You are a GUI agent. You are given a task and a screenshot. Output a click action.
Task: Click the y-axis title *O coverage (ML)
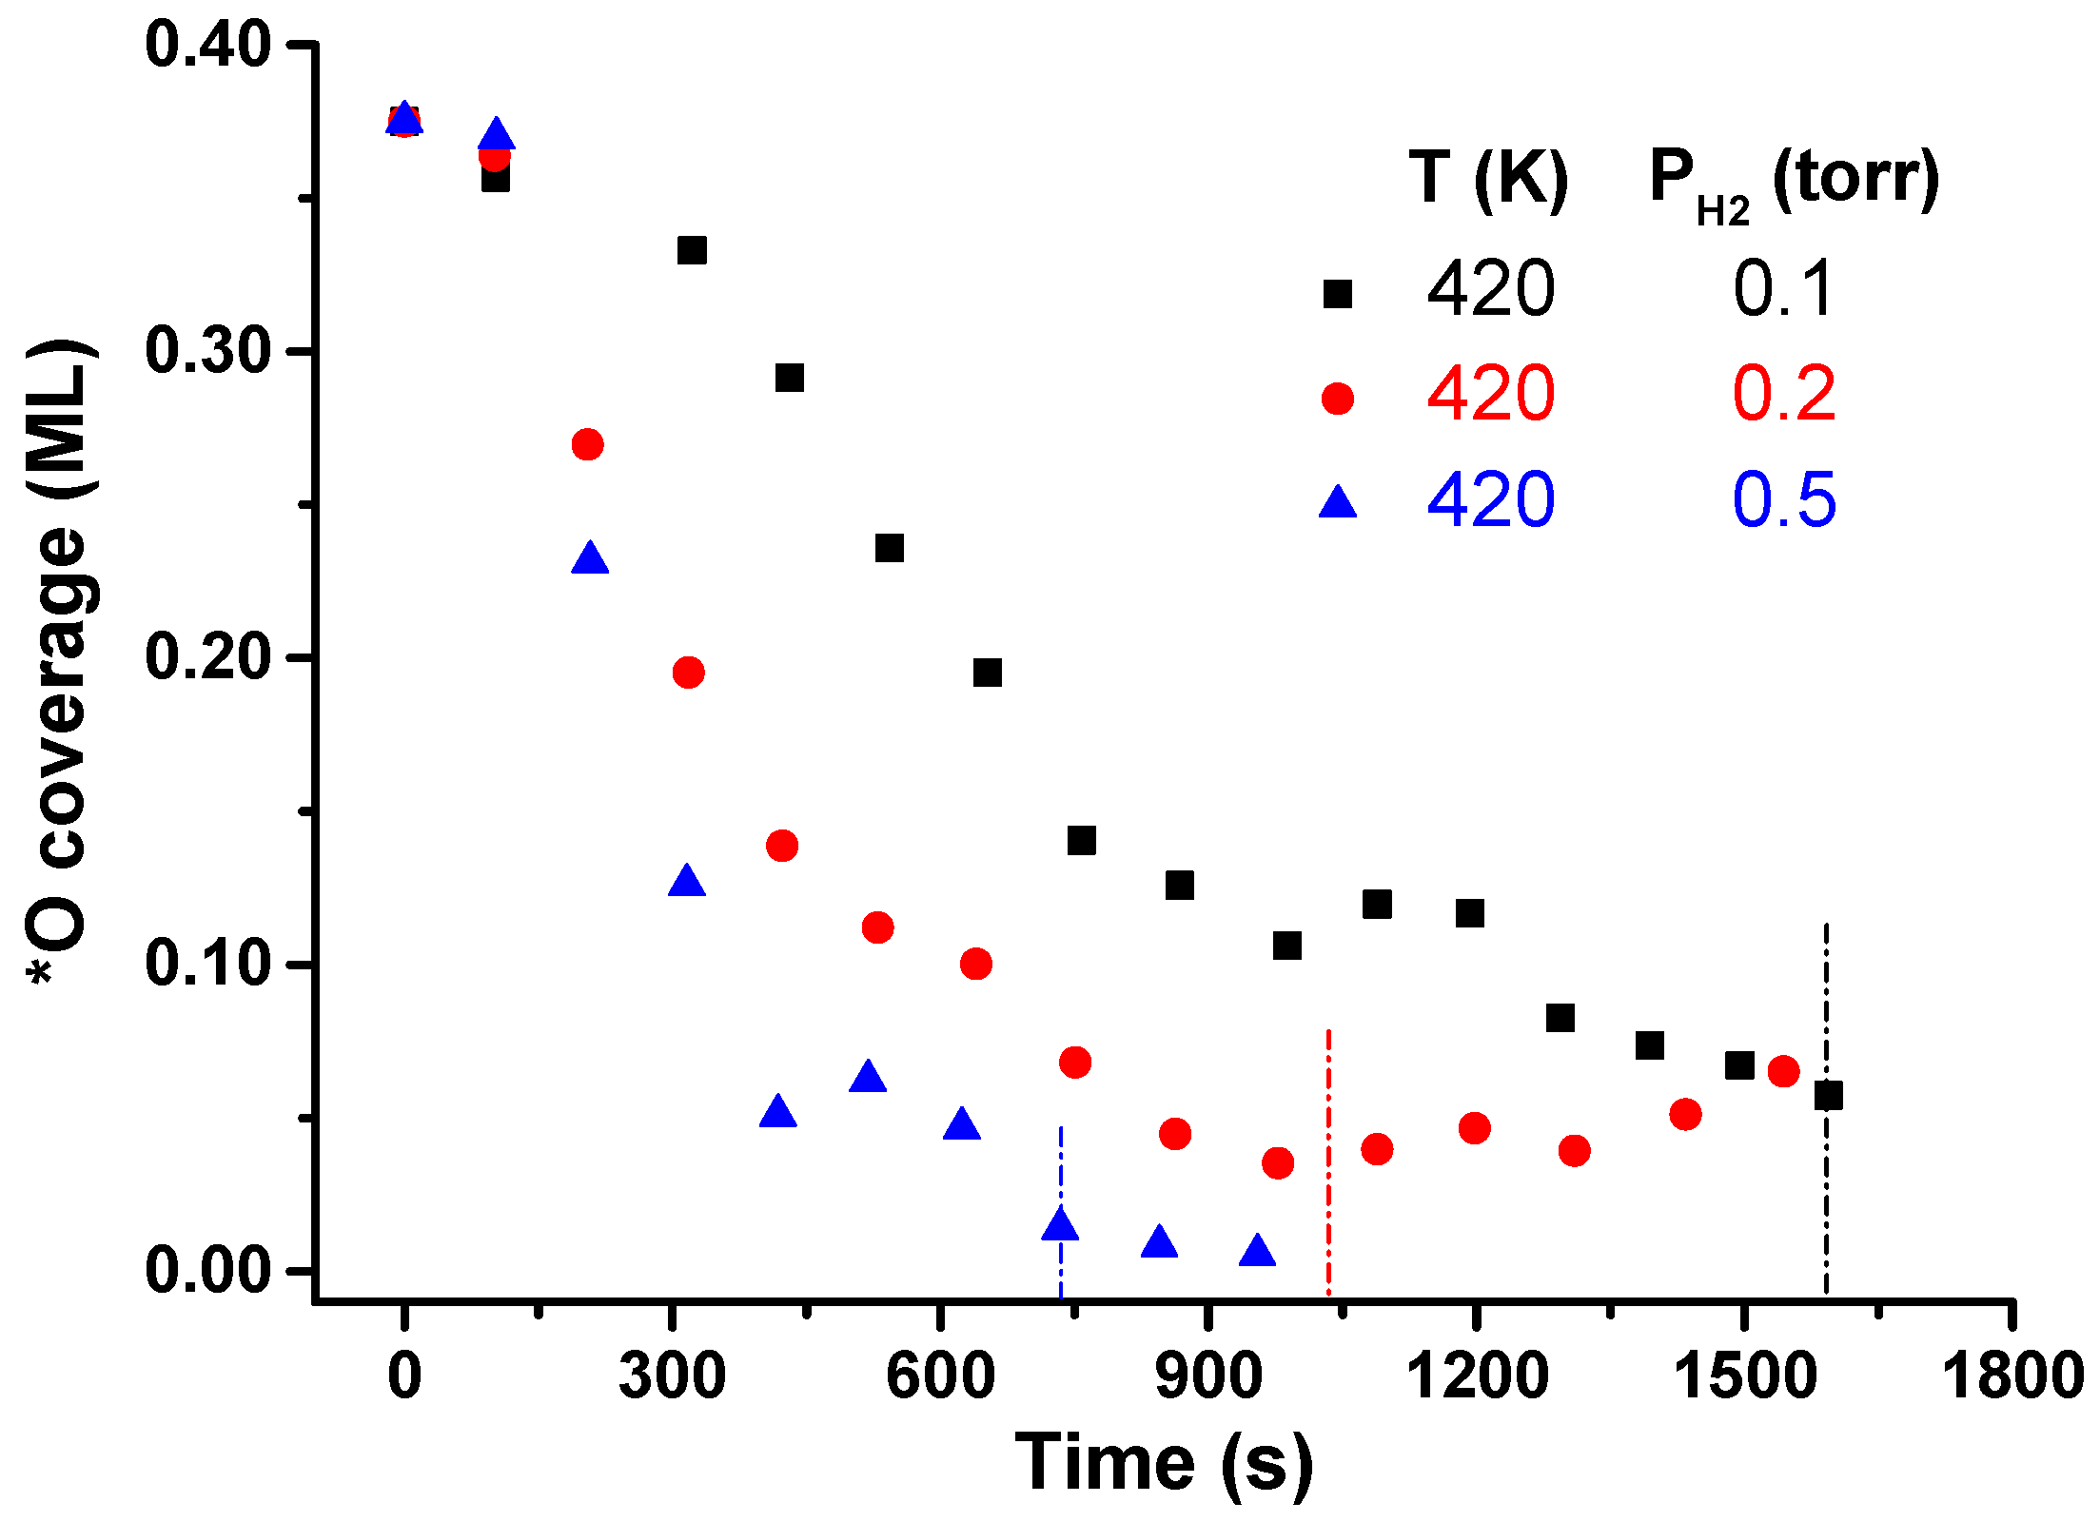tap(59, 661)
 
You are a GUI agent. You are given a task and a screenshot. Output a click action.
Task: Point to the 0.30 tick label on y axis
tap(207, 350)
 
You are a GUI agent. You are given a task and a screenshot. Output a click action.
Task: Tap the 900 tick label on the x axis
tap(1207, 1376)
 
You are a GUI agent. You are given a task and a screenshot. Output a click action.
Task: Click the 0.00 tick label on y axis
tap(207, 1269)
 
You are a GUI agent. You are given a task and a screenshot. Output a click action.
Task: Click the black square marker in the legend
tap(1337, 293)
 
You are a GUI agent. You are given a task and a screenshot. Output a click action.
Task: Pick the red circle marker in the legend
tap(1337, 398)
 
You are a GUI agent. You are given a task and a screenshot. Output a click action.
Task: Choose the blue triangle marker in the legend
tap(1337, 502)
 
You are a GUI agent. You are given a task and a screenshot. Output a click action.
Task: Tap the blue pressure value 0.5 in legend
tap(1783, 500)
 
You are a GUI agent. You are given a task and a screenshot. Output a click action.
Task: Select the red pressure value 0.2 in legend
tap(1783, 394)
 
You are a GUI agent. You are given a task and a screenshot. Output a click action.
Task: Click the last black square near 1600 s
tap(1828, 1096)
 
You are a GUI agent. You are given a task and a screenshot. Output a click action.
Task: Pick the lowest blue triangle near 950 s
tap(1257, 1251)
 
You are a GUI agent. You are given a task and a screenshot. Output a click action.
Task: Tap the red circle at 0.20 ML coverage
tap(688, 673)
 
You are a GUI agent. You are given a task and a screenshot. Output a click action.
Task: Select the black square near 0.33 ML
tap(692, 250)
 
